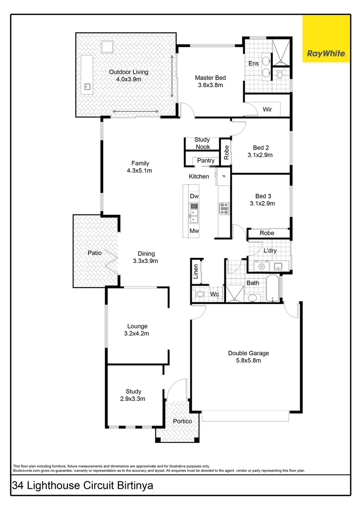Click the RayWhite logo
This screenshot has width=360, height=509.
(x=327, y=38)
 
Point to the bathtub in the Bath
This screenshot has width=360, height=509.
(x=272, y=288)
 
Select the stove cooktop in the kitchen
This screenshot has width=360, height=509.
(x=223, y=208)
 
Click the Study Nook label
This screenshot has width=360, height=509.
(x=202, y=143)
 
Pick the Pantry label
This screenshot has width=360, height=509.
(x=206, y=161)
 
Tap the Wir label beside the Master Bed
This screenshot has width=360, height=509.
(x=267, y=109)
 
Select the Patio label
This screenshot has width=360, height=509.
(x=94, y=253)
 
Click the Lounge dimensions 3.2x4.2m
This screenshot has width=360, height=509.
(x=137, y=334)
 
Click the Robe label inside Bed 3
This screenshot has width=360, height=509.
(x=267, y=233)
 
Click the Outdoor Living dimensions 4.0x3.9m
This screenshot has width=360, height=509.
(x=129, y=79)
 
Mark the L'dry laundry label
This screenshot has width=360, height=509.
(x=270, y=251)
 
